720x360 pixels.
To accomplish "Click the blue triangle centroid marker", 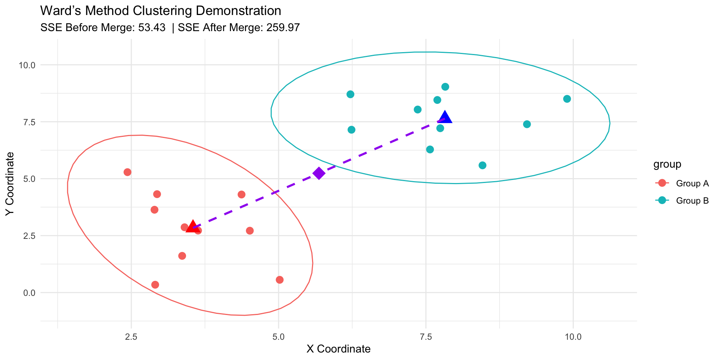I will pos(445,117).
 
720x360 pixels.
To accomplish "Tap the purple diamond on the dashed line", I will pos(319,173).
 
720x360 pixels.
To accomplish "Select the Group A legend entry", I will pos(692,183).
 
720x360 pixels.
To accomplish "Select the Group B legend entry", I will pos(692,201).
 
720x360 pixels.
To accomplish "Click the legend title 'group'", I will pos(667,164).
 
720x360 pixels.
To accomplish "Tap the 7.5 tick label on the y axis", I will pos(27,122).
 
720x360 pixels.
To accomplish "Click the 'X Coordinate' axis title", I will pos(338,349).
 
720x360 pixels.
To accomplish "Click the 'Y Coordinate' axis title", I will pos(10,184).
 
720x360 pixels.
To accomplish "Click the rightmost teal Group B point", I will pos(567,99).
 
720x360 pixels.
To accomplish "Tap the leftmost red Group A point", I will pos(127,172).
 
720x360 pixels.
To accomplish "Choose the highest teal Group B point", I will pos(445,87).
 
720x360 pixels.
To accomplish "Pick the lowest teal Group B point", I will pos(483,165).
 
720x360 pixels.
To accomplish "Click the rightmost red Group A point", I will pos(280,280).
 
